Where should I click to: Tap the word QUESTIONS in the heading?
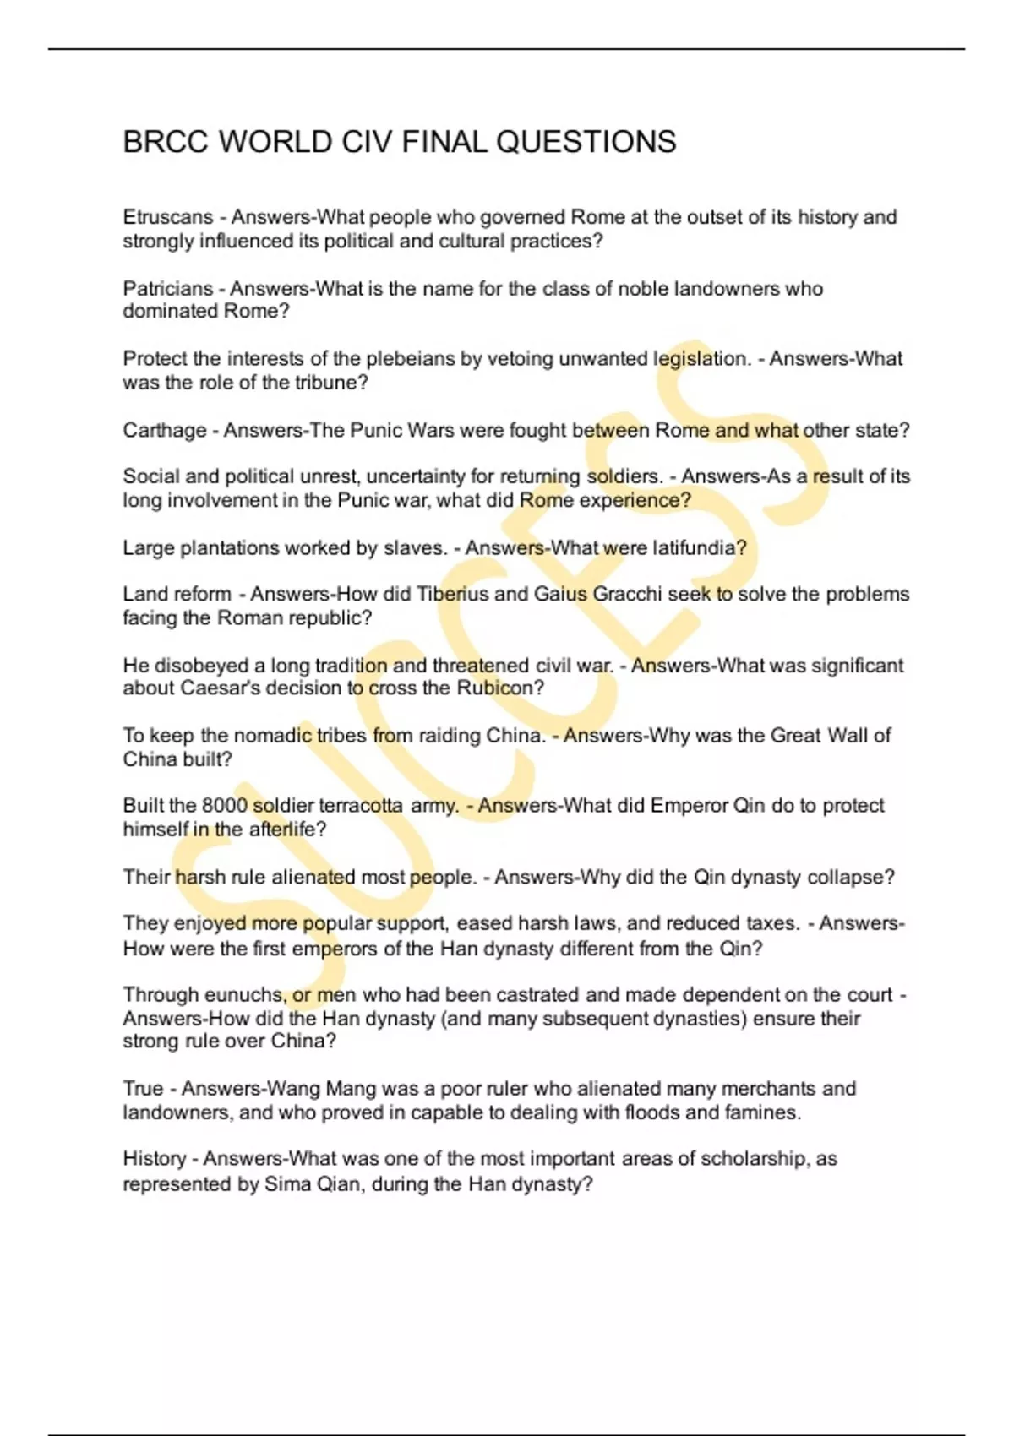(x=586, y=142)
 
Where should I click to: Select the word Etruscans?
(x=168, y=217)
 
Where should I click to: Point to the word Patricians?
(x=168, y=289)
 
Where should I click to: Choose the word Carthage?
(x=165, y=431)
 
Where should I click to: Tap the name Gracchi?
(x=626, y=594)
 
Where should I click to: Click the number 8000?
(x=224, y=806)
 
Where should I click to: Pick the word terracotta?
(x=361, y=806)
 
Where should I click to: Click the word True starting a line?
(x=143, y=1089)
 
